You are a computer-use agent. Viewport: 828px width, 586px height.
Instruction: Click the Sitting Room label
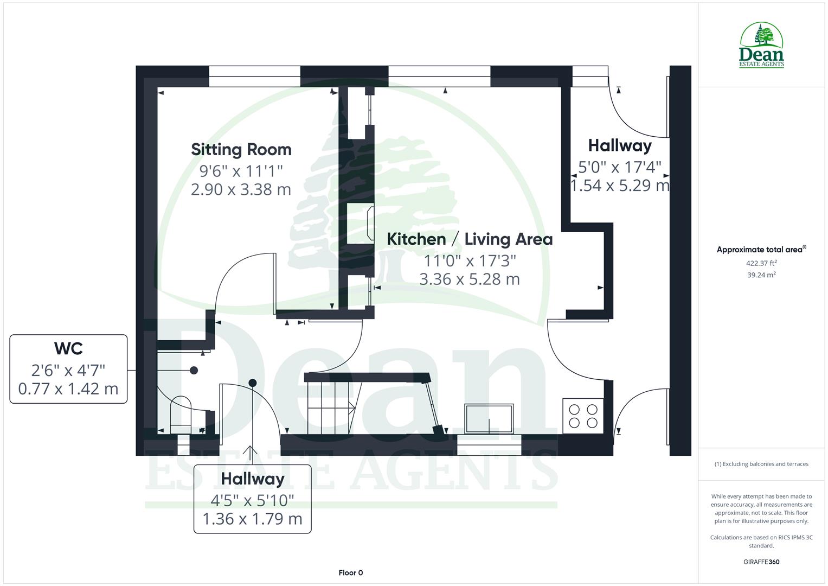(241, 149)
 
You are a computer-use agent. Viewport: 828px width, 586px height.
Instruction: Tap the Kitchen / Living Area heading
(470, 239)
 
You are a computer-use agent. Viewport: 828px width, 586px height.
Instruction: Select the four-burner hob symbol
(583, 416)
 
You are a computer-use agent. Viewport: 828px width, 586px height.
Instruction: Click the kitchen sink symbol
(489, 418)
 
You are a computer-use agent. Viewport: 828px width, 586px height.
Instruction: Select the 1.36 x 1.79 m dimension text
(252, 519)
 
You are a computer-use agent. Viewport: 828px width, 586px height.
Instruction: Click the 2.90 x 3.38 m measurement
(241, 189)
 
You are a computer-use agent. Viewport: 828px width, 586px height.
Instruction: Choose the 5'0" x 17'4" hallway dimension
(620, 167)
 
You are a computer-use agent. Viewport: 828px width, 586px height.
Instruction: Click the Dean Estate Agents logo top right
(761, 46)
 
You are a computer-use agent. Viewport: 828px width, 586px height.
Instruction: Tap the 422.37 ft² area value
(761, 263)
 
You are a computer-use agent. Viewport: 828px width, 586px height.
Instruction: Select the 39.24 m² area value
(761, 275)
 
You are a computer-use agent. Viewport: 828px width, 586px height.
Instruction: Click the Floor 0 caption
(350, 572)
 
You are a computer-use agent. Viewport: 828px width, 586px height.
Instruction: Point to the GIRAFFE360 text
(761, 562)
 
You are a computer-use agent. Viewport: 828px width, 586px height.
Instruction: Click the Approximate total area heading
(760, 250)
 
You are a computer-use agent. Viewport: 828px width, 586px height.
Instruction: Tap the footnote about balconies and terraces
(761, 464)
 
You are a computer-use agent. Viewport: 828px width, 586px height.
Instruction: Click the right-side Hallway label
(620, 145)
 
